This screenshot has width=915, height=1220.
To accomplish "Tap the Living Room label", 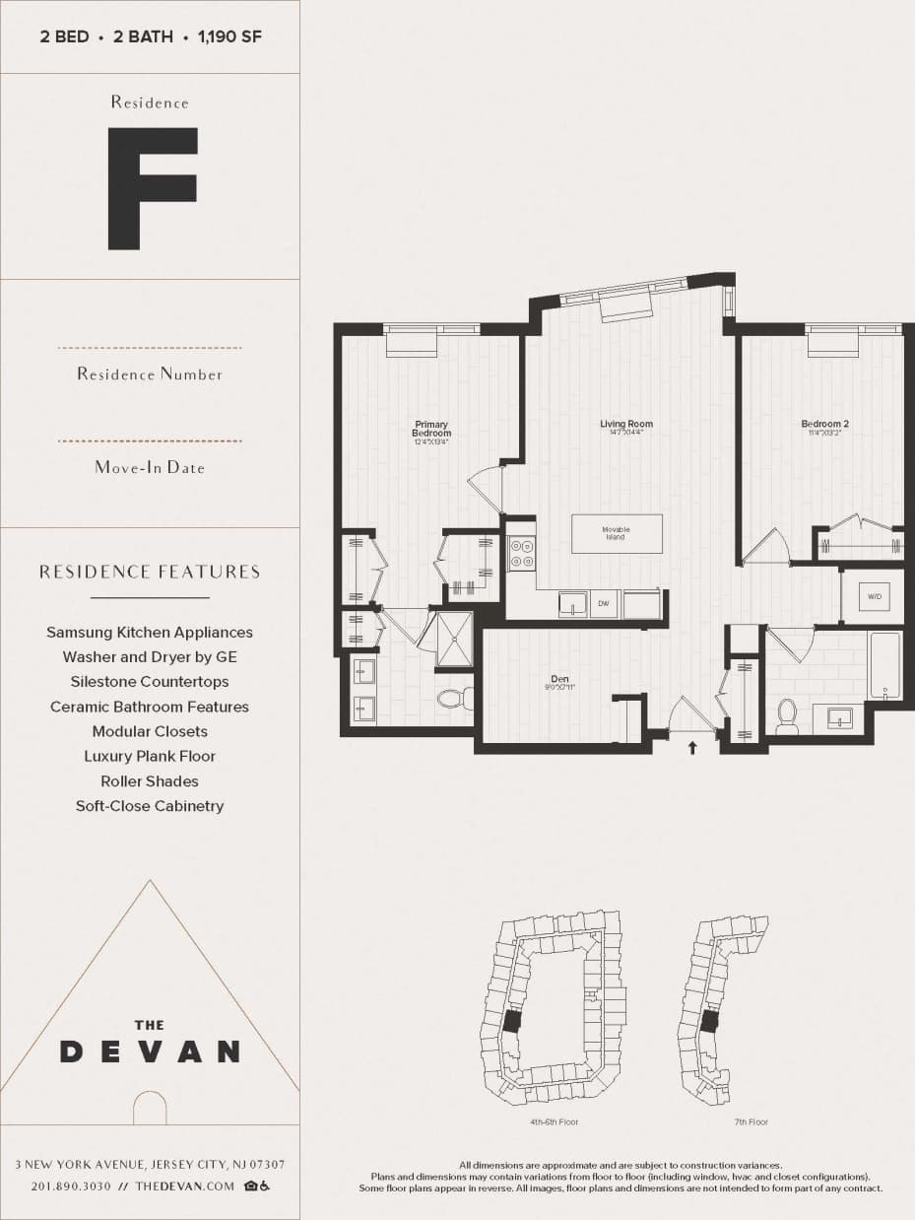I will (626, 425).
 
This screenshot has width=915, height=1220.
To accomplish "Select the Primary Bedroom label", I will (431, 430).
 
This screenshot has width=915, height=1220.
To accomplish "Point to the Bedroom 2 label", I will (824, 425).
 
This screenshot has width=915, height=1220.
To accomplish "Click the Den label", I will (559, 679).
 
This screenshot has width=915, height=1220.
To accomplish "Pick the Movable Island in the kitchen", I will (617, 533).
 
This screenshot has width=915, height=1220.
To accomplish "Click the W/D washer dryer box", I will (873, 597).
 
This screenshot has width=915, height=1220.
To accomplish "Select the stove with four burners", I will (521, 553).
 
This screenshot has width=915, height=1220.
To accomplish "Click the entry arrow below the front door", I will (692, 748).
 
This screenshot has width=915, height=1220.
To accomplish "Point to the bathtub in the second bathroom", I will (884, 666).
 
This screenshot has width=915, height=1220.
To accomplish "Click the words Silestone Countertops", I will (150, 682).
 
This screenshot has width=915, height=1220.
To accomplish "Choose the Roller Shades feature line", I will (150, 781).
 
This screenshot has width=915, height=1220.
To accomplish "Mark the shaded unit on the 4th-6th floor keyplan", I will (510, 1021).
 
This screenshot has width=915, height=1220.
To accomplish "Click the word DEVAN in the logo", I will (150, 1051).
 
